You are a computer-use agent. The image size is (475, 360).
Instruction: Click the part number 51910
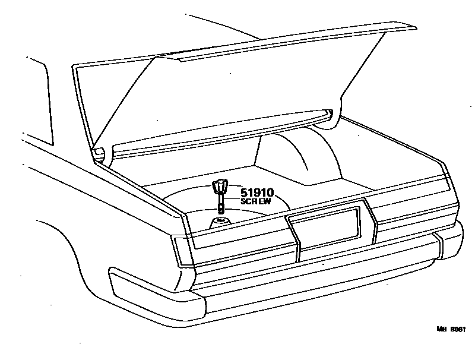coord(256,193)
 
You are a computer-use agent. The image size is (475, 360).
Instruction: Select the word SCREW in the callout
coord(256,202)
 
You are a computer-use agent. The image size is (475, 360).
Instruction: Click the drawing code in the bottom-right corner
coord(452,329)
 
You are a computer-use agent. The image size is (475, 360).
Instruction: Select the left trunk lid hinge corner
coord(101,153)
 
